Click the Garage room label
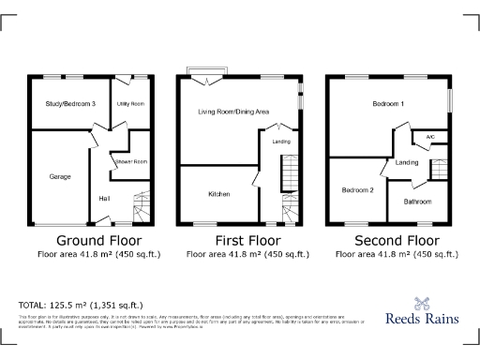(x=61, y=175)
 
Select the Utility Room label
(x=129, y=103)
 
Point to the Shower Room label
(x=133, y=162)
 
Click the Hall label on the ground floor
(x=104, y=198)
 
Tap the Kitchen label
(x=219, y=194)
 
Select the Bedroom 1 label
(x=388, y=103)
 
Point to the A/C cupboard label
(x=430, y=137)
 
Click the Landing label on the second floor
(x=407, y=163)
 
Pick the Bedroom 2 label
(x=357, y=190)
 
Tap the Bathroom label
(x=418, y=201)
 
